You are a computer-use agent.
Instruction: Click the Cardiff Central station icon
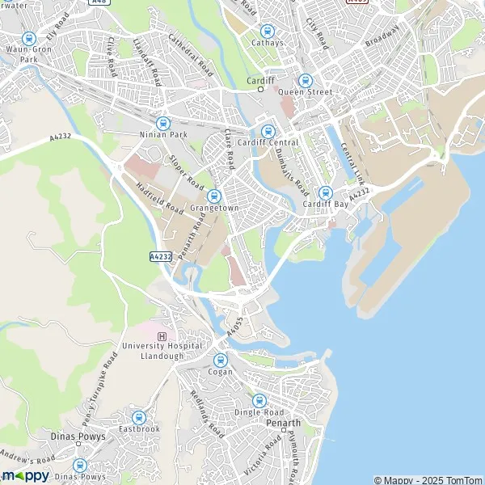point(268,131)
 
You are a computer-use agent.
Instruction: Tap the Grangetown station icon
point(214,196)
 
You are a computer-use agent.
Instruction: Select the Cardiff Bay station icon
point(325,192)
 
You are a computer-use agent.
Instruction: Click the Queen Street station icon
point(305,80)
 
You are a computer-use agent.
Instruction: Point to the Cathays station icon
point(268,31)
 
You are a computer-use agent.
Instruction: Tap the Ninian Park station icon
point(163,124)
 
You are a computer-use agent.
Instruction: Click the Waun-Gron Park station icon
point(29,38)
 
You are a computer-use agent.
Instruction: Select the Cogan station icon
point(221,361)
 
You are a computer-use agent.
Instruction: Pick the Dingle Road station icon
point(259,399)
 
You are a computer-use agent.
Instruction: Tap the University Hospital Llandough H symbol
point(162,336)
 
